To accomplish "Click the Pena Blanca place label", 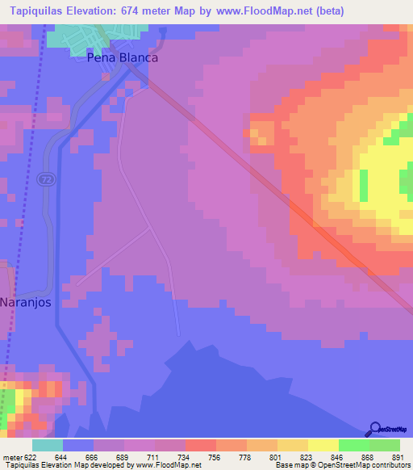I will click(x=123, y=58).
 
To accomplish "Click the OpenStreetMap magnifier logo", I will click(x=374, y=428).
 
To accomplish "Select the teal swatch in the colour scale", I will click(x=48, y=445).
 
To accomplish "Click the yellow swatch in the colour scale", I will click(x=323, y=445).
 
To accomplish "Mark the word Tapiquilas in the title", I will click(x=35, y=11).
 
